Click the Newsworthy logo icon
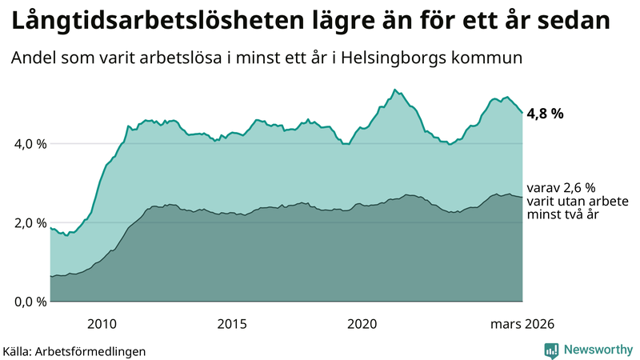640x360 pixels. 551,350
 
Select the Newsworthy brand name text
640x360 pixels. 598,350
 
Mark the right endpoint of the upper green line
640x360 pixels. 522,113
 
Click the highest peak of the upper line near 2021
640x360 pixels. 394,90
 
